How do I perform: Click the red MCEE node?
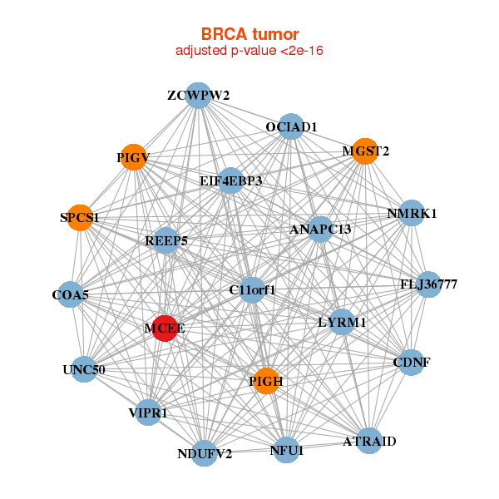tap(165, 329)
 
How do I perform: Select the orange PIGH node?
tap(266, 381)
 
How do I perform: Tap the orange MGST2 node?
tap(365, 151)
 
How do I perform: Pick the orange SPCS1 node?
tap(80, 218)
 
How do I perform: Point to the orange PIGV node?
tap(133, 157)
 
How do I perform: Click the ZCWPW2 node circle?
tap(198, 96)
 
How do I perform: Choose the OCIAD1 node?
tap(291, 126)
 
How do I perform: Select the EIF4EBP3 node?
tap(230, 180)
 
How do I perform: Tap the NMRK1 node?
tap(412, 213)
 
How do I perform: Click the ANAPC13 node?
tap(320, 230)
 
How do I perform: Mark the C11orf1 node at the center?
tap(252, 290)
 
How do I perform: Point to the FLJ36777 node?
tap(428, 284)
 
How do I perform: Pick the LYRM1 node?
tap(342, 322)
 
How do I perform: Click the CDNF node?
tap(412, 363)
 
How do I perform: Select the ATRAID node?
tap(369, 441)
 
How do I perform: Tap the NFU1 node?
tap(286, 450)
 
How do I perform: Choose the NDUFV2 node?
tap(204, 453)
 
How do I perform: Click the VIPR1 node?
tap(148, 413)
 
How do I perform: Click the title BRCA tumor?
tap(249, 34)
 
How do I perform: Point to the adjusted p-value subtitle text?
tap(249, 51)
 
